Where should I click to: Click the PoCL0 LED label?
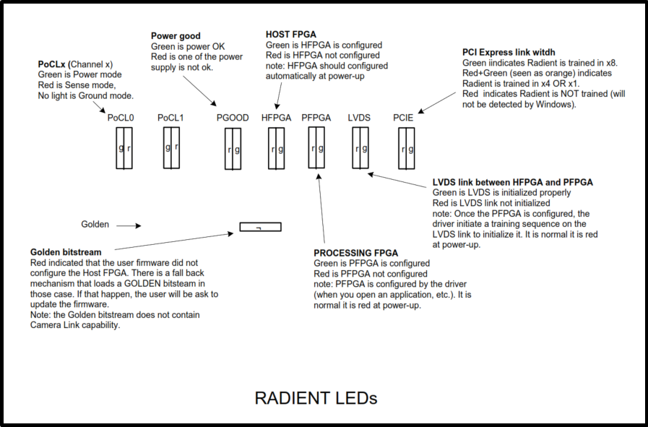click(121, 118)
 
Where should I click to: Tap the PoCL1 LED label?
click(171, 118)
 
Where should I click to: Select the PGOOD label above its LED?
click(233, 118)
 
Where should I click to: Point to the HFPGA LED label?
click(276, 118)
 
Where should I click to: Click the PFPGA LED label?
click(316, 118)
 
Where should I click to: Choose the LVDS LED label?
click(360, 118)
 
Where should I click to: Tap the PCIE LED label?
click(405, 118)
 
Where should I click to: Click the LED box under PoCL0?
click(125, 148)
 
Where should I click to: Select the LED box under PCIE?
click(407, 149)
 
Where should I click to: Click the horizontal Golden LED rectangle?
click(260, 227)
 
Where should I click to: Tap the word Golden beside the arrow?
click(95, 225)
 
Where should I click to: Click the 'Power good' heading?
click(176, 36)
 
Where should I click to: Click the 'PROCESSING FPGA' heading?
click(355, 253)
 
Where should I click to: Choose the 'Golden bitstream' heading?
click(65, 252)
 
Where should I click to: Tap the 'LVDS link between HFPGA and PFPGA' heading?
click(512, 182)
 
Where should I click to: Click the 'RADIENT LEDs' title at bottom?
click(316, 397)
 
